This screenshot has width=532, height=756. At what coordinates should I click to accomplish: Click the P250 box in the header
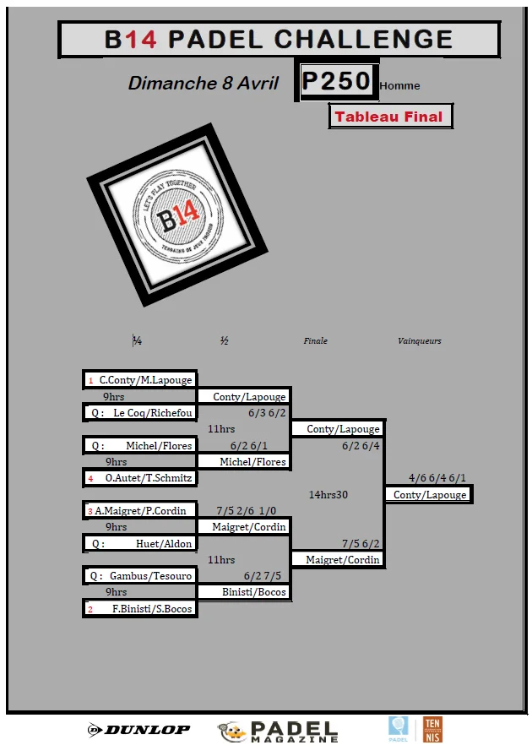pos(336,81)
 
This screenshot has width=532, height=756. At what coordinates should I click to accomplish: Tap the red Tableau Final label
pos(390,117)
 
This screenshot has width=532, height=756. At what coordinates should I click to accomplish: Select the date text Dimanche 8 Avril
pos(203,83)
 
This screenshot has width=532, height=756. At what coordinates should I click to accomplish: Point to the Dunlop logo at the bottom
pos(139,729)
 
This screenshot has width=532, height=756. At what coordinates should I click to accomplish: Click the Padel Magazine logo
pos(279,732)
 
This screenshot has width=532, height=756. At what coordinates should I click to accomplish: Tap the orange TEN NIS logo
pos(432,730)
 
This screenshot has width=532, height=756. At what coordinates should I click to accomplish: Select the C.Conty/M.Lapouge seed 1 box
pos(140,380)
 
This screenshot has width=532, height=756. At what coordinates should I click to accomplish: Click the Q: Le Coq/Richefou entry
pos(140,413)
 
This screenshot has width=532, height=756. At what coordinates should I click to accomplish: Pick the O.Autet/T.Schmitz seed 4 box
pos(140,478)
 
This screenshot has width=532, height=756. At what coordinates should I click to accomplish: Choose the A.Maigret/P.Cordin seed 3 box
pos(140,510)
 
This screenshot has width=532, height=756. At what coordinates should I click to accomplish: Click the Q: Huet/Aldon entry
pos(140,543)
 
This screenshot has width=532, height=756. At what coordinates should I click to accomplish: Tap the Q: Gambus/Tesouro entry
pos(140,576)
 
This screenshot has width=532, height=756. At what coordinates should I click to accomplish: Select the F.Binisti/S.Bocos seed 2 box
pos(140,608)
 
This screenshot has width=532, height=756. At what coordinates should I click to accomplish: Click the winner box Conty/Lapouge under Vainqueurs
pos(430,494)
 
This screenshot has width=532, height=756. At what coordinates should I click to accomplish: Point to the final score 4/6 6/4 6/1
pos(437,477)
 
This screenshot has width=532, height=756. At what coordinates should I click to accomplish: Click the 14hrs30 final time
pos(328,494)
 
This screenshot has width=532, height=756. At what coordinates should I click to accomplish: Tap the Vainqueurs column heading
pos(420,341)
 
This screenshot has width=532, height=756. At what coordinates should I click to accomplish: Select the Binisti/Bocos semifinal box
pos(243,592)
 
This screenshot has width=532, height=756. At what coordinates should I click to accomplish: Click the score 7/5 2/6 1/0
pos(247,511)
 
